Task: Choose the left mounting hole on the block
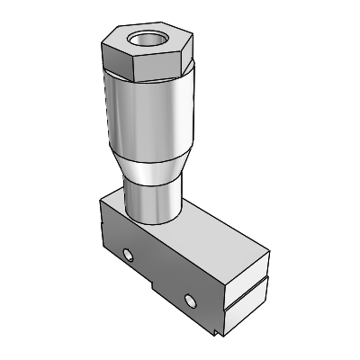(130, 256)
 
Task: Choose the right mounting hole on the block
(189, 299)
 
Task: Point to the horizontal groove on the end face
(247, 288)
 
